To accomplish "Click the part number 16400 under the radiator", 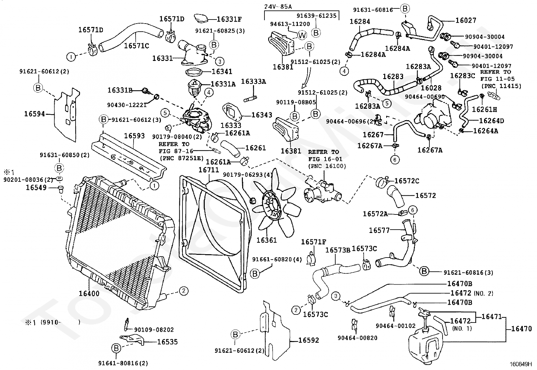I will [89, 293].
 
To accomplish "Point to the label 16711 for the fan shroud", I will [209, 170].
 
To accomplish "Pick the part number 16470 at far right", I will [521, 329].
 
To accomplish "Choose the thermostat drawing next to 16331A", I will [197, 88].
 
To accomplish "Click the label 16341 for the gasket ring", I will [222, 72].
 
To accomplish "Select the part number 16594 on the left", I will [34, 114].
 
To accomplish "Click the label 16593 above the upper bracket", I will [134, 136].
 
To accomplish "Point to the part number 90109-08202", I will [154, 330].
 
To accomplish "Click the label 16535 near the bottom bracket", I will [167, 342].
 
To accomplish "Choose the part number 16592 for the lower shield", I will [309, 340].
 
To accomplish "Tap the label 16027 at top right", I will [466, 21].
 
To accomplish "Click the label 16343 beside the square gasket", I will [262, 115].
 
